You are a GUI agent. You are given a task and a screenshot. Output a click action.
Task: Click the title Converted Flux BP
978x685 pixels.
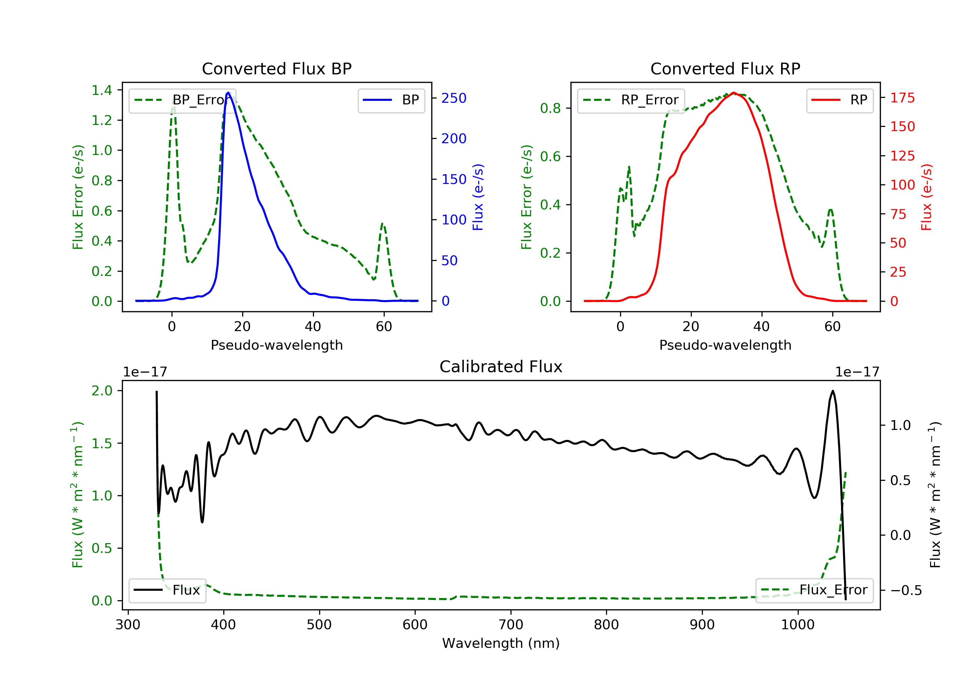click(276, 68)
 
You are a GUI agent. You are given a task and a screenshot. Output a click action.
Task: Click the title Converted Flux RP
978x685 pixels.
click(725, 68)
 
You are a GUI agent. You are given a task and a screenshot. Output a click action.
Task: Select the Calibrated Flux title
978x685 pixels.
click(501, 367)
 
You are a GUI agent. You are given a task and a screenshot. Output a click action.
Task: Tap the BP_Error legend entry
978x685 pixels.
click(182, 100)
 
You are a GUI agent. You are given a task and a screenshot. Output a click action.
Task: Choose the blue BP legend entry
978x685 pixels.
click(391, 100)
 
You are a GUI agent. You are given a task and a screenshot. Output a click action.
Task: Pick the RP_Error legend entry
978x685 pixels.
click(631, 100)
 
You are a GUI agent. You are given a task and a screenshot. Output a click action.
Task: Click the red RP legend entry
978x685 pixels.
click(839, 100)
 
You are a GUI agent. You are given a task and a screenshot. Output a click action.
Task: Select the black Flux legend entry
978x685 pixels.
click(167, 590)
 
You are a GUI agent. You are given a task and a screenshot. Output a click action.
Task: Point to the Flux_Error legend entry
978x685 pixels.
click(814, 590)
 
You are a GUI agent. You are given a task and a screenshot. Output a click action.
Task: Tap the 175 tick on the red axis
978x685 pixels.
click(902, 98)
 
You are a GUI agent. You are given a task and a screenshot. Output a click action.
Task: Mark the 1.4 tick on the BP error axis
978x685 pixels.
click(102, 90)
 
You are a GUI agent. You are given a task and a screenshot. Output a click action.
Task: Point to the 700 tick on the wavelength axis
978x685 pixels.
click(510, 624)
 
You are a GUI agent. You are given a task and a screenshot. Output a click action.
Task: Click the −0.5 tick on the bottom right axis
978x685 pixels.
click(906, 590)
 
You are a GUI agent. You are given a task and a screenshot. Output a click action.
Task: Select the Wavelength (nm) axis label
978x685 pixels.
click(501, 643)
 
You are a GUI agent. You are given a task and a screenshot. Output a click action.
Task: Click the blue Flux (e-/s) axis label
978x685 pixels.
click(478, 197)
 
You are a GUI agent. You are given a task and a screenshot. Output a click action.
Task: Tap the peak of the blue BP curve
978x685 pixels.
click(228, 93)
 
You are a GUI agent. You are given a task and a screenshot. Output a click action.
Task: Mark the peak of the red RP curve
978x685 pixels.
click(733, 93)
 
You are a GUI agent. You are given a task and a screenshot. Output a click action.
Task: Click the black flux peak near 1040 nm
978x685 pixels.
click(832, 391)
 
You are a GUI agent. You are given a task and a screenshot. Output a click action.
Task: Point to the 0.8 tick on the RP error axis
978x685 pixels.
click(550, 108)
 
